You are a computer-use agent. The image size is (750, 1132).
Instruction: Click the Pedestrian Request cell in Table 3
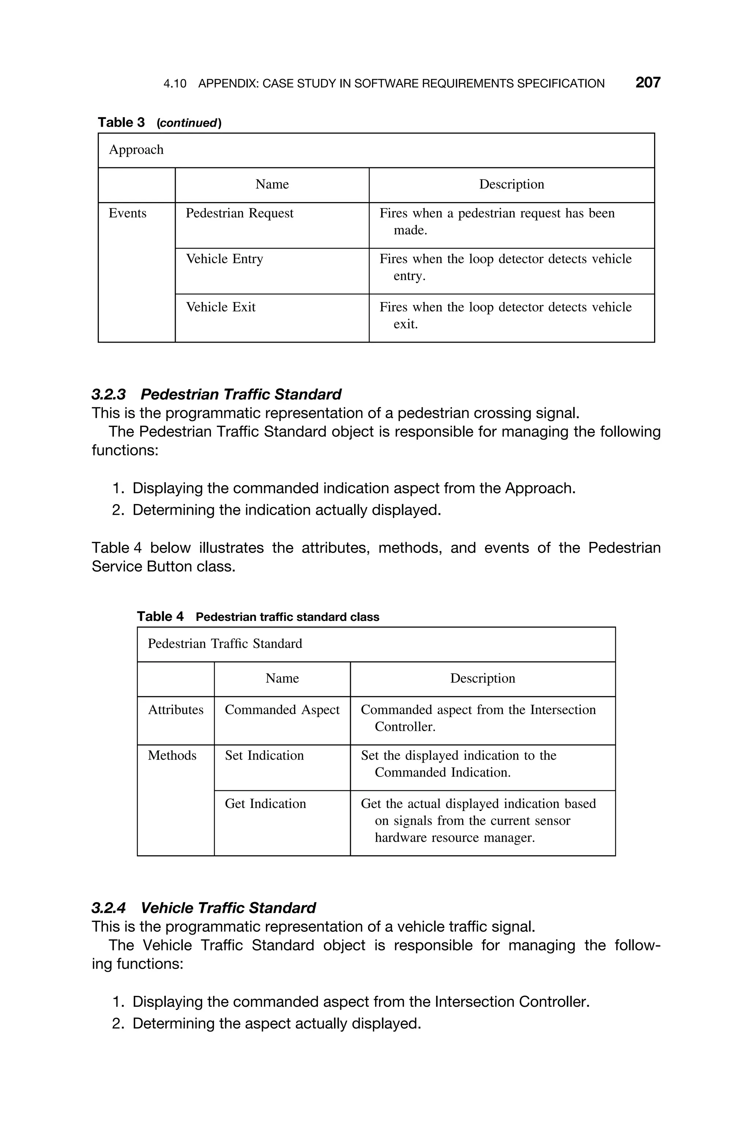(x=239, y=213)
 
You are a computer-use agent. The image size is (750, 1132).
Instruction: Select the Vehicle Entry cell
(x=224, y=259)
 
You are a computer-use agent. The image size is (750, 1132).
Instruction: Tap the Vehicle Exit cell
(x=220, y=307)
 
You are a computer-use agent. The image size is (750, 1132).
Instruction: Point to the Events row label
(x=128, y=213)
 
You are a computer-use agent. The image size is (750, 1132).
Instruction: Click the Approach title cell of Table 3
(x=136, y=150)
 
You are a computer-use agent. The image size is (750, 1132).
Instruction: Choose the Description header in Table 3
(x=511, y=185)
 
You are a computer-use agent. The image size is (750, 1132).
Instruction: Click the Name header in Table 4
(x=282, y=678)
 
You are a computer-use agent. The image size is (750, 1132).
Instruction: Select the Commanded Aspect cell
(x=282, y=710)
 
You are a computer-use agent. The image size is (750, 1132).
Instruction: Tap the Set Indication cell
(x=264, y=756)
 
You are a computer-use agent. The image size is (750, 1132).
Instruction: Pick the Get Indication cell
(x=266, y=804)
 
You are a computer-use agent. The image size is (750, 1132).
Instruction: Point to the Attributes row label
(x=175, y=710)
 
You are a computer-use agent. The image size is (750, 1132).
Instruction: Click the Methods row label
(x=172, y=756)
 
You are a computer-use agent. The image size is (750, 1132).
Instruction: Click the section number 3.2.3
(x=108, y=394)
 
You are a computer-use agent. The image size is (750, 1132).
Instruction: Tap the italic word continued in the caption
(x=189, y=123)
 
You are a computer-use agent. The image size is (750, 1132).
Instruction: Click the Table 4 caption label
(x=160, y=617)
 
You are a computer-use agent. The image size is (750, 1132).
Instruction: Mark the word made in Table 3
(x=410, y=230)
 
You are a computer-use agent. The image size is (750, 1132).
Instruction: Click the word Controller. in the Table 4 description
(x=405, y=727)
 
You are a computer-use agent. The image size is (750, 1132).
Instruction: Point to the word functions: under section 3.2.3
(x=125, y=450)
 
